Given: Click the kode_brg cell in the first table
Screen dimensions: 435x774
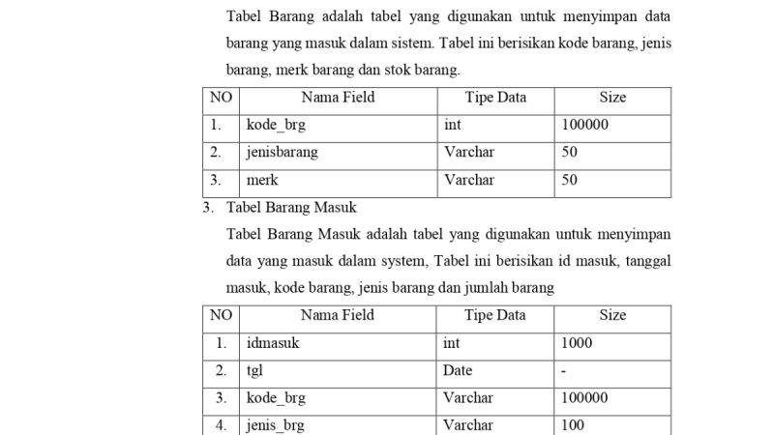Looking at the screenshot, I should pyautogui.click(x=276, y=125).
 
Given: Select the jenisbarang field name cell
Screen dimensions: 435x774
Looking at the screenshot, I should pyautogui.click(x=282, y=153).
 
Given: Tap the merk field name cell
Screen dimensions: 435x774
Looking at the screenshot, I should pyautogui.click(x=262, y=181).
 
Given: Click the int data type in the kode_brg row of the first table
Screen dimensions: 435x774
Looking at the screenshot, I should pyautogui.click(x=452, y=125).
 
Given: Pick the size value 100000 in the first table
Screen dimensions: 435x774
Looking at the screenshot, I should pyautogui.click(x=584, y=125).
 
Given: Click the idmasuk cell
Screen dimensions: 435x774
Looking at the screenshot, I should pyautogui.click(x=273, y=343).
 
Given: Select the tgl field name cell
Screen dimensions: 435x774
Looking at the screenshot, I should pyautogui.click(x=255, y=370).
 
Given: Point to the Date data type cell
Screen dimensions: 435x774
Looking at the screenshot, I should pyautogui.click(x=458, y=370).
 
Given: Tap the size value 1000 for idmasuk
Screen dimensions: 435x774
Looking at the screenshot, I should pyautogui.click(x=577, y=343).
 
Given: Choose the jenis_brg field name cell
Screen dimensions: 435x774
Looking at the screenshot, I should pyautogui.click(x=275, y=425).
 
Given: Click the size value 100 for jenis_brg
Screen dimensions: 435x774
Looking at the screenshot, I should pyautogui.click(x=573, y=425).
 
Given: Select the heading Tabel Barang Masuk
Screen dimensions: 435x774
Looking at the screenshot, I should pyautogui.click(x=291, y=207).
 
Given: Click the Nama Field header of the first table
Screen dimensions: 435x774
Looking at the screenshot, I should pyautogui.click(x=338, y=98).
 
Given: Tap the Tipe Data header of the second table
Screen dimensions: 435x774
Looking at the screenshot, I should pyautogui.click(x=494, y=315).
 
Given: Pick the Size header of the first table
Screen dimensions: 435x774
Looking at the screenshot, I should pyautogui.click(x=612, y=98).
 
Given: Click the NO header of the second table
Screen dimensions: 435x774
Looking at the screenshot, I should pyautogui.click(x=221, y=315).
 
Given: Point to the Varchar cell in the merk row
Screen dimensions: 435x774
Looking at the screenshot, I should pyautogui.click(x=468, y=181).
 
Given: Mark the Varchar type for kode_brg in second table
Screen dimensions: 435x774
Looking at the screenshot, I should pyautogui.click(x=468, y=398).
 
